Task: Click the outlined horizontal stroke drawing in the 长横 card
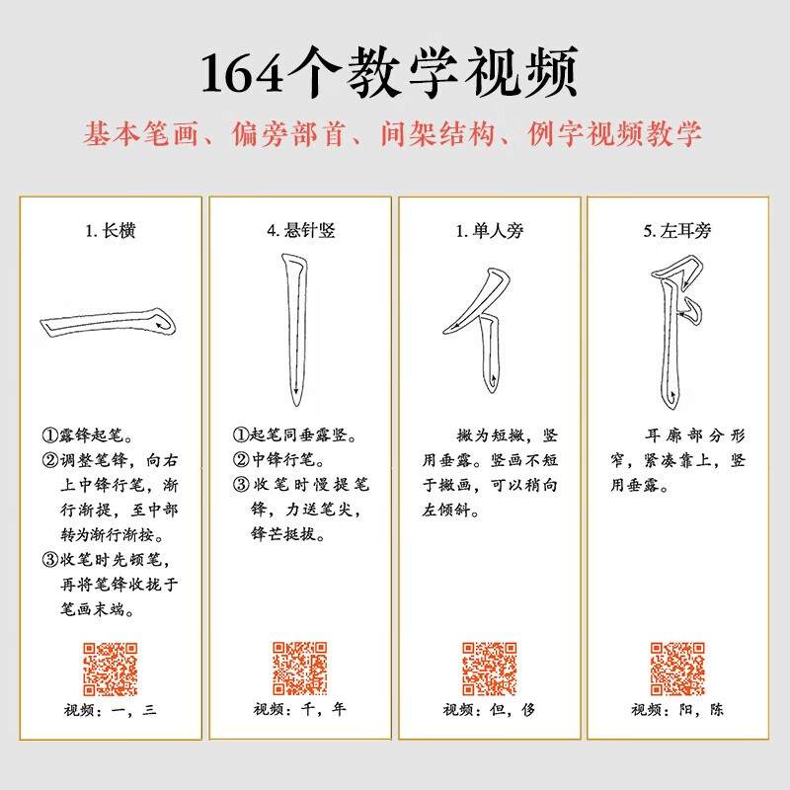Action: tap(109, 325)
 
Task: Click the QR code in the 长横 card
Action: tap(110, 669)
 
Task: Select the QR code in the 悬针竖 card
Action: tap(300, 669)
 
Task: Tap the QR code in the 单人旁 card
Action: tap(489, 669)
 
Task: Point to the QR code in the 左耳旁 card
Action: tap(677, 669)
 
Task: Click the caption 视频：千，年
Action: tap(300, 709)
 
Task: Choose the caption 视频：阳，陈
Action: tap(677, 709)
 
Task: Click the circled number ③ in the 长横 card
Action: tap(50, 561)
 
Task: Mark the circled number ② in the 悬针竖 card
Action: tap(241, 459)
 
